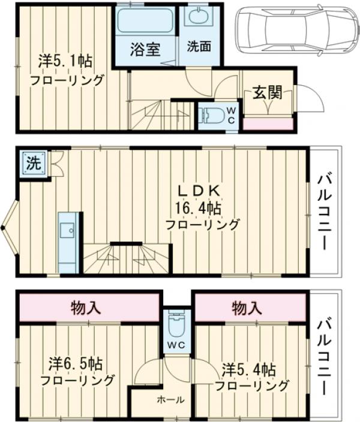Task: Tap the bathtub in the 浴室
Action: pos(145,21)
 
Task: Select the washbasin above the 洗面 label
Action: pos(196,17)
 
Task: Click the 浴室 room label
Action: pos(145,49)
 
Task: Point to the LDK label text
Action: pos(201,191)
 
